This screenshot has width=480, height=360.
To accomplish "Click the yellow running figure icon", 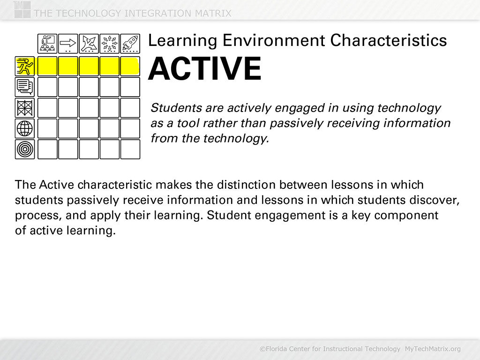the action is pyautogui.click(x=25, y=66).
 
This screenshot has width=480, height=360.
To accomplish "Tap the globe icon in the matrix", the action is pyautogui.click(x=25, y=128).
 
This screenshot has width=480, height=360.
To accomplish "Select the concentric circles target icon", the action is pyautogui.click(x=25, y=149).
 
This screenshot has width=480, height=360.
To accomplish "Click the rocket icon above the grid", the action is pyautogui.click(x=130, y=44).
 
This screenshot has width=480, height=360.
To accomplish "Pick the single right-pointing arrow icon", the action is pyautogui.click(x=68, y=44).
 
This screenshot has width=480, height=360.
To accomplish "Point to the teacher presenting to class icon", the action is pyautogui.click(x=47, y=44).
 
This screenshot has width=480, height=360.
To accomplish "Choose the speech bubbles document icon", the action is pyautogui.click(x=25, y=87).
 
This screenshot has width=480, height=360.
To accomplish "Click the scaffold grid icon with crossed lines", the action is pyautogui.click(x=25, y=108).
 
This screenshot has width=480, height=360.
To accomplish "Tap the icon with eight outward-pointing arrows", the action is pyautogui.click(x=110, y=44).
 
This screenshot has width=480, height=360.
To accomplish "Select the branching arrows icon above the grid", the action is pyautogui.click(x=89, y=44).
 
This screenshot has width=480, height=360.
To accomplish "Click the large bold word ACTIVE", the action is pyautogui.click(x=205, y=69).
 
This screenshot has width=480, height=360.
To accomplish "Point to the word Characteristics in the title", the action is pyautogui.click(x=389, y=40).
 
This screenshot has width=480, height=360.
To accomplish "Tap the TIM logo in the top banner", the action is pyautogui.click(x=22, y=9).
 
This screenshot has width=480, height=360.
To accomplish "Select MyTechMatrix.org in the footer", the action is pyautogui.click(x=433, y=349).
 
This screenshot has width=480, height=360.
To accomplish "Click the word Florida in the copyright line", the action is pyautogui.click(x=277, y=349).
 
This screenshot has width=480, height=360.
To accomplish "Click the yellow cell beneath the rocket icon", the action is pyautogui.click(x=130, y=66).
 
